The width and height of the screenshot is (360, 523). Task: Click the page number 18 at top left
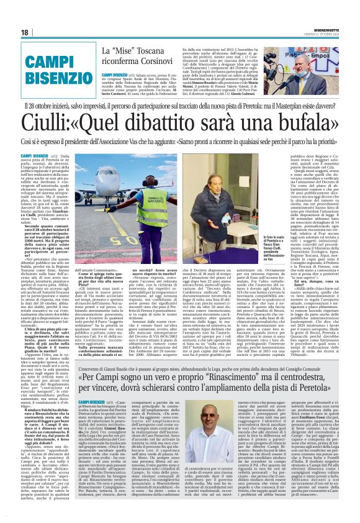(25, 32)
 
